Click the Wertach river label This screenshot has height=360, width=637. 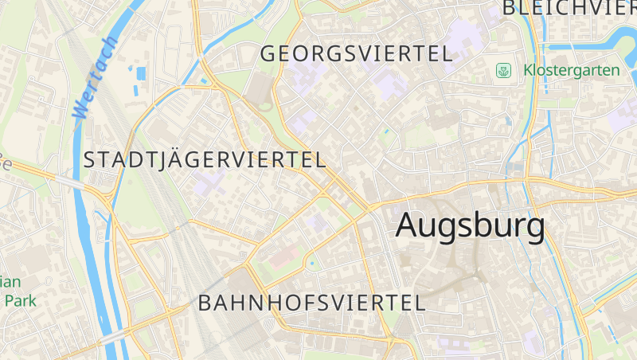click(x=94, y=78)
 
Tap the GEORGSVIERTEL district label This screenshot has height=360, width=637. click(x=356, y=54)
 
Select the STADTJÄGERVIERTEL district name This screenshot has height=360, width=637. click(x=205, y=159)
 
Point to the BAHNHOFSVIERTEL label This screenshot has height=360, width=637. click(x=311, y=303)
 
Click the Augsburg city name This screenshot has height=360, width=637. click(x=470, y=225)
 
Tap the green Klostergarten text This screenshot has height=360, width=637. click(x=571, y=70)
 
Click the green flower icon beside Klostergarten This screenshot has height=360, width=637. click(x=503, y=71)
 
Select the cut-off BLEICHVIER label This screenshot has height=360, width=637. click(x=569, y=9)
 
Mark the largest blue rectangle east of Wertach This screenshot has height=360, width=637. click(x=141, y=73)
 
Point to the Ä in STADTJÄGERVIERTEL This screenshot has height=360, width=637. click(x=160, y=158)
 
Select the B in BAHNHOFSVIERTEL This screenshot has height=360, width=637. click(x=205, y=303)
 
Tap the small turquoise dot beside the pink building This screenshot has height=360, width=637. click(x=311, y=263)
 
